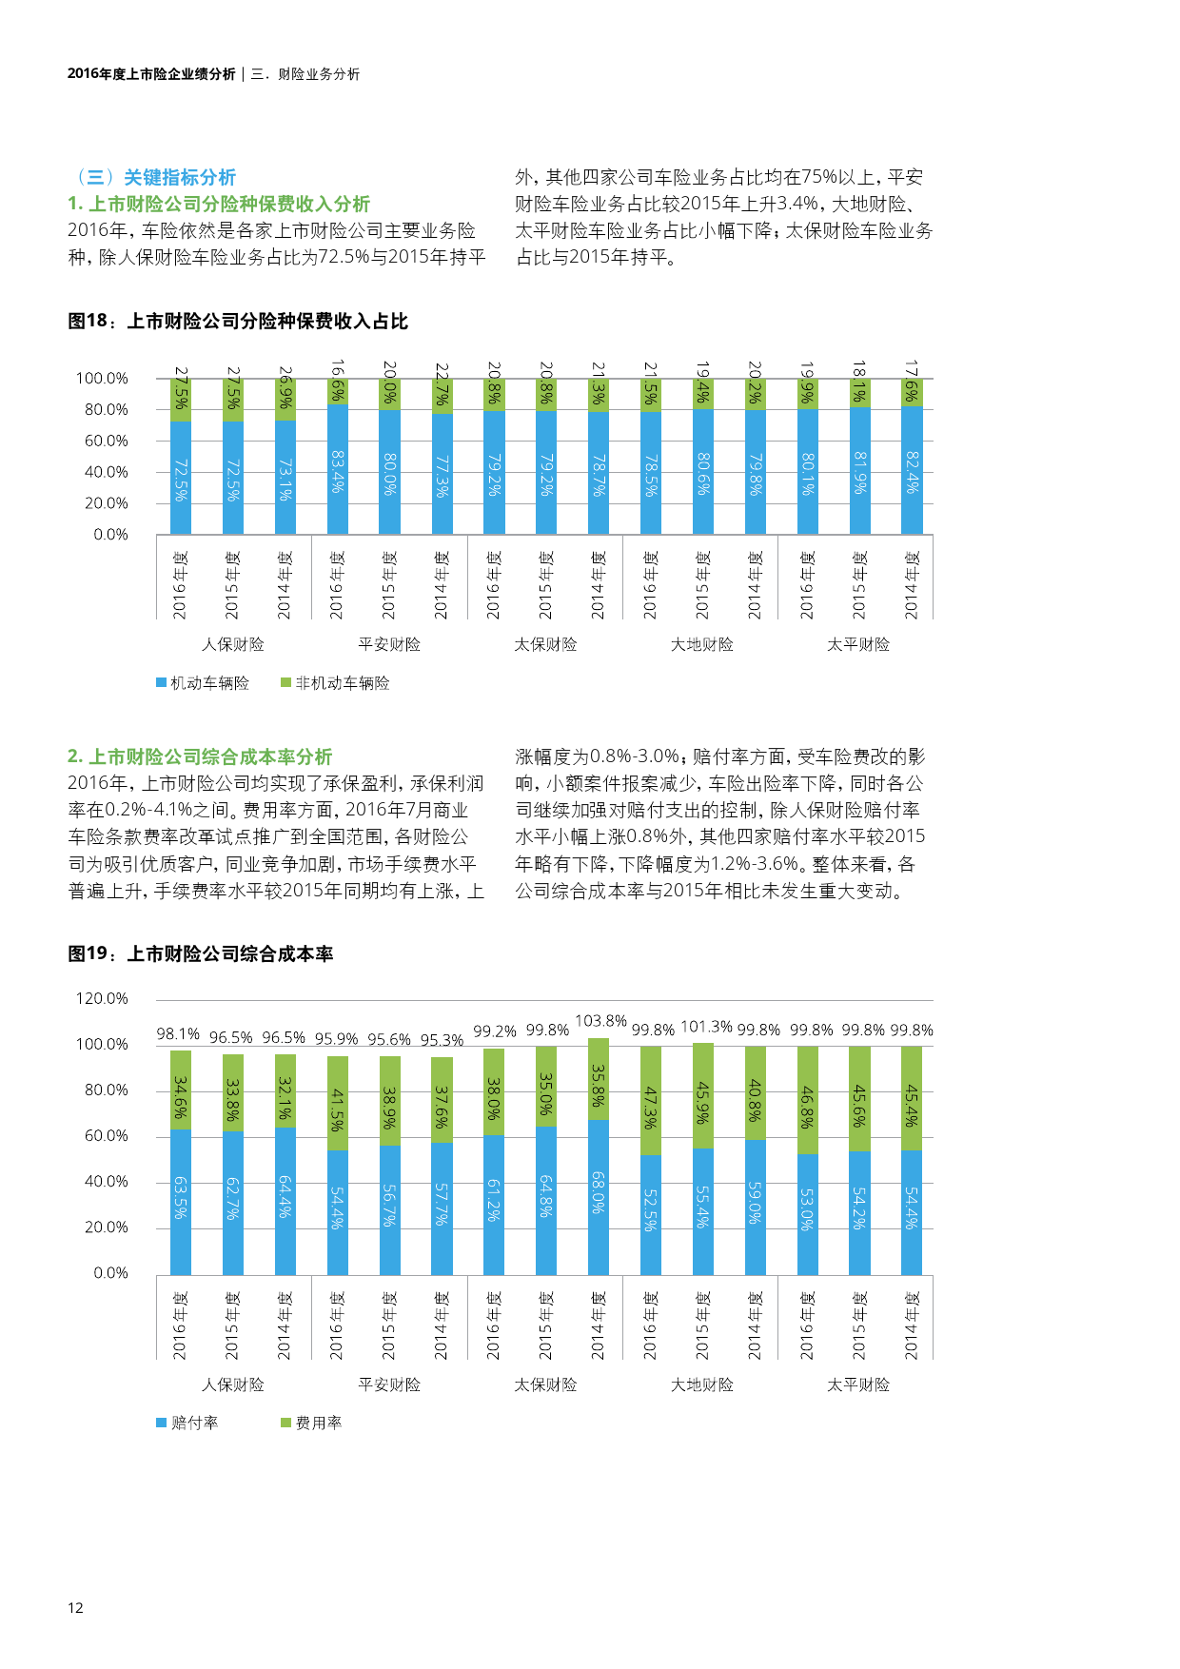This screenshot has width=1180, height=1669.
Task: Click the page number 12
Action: (x=75, y=1607)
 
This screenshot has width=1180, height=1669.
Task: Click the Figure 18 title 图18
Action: (x=238, y=322)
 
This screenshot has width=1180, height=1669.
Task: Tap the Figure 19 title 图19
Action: (x=201, y=954)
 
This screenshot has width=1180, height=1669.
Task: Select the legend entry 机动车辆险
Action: (x=203, y=683)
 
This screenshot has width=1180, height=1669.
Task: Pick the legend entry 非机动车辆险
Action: (x=335, y=683)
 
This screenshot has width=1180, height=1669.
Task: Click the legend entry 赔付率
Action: (x=187, y=1423)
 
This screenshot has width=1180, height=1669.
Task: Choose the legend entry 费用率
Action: (x=311, y=1423)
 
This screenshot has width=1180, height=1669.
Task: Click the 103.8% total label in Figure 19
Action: (x=600, y=1021)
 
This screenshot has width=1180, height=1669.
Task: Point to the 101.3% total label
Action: (x=706, y=1027)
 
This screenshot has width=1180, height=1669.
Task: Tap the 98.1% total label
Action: (x=178, y=1034)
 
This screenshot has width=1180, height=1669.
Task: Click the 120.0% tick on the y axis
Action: (x=102, y=998)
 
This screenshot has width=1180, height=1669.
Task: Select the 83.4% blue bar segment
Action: (x=337, y=470)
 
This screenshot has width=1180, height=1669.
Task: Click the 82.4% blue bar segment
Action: (x=912, y=470)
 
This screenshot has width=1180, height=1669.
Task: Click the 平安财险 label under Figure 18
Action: (x=389, y=644)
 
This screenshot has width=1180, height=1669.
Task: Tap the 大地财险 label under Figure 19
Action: (x=702, y=1384)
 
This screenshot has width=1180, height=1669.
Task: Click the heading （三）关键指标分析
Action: (x=152, y=177)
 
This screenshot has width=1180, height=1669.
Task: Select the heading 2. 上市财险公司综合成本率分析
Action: (x=200, y=756)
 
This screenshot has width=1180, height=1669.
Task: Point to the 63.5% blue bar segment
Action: (x=180, y=1201)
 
